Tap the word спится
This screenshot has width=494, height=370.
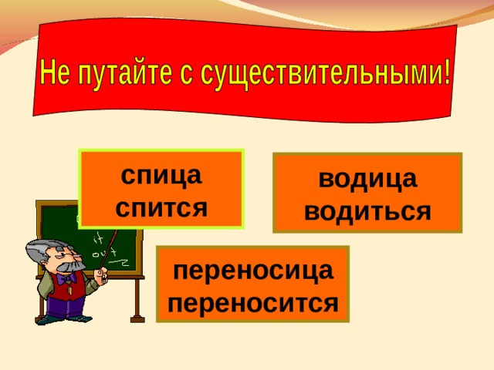tap(161, 207)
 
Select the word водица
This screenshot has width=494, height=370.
tap(368, 180)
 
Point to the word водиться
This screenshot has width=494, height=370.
tap(367, 211)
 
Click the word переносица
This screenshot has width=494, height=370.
tap(253, 271)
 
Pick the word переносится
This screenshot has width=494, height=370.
tap(253, 303)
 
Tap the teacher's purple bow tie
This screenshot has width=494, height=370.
tap(66, 279)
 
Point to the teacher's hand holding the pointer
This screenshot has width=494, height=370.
tap(101, 276)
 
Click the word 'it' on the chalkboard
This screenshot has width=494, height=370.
tap(98, 240)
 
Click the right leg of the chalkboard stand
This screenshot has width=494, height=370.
tap(137, 300)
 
